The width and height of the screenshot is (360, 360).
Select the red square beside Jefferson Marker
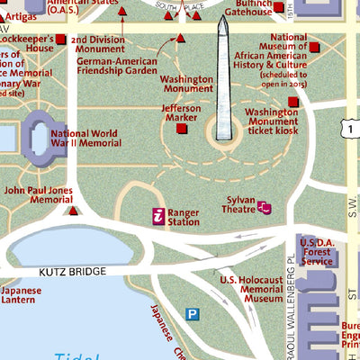[182, 129]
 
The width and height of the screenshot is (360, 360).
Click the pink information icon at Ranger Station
[158, 216]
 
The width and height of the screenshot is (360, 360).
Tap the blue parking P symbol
[192, 313]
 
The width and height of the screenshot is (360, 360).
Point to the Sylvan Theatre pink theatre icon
[264, 208]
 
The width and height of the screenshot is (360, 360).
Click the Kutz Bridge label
[73, 271]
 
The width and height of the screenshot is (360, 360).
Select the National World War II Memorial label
[86, 138]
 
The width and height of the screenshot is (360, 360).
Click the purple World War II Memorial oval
[39, 138]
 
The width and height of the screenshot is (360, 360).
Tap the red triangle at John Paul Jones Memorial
[73, 211]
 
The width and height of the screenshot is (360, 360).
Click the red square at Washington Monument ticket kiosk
[292, 102]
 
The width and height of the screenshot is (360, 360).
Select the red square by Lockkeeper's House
[60, 40]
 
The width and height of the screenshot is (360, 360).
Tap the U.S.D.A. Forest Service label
[317, 252]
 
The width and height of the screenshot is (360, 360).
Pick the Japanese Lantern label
[21, 296]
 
